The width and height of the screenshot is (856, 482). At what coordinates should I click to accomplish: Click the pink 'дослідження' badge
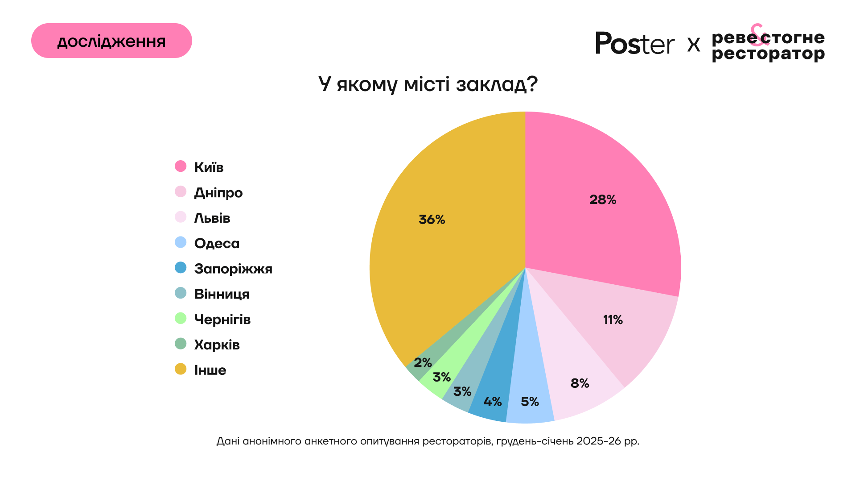[x=111, y=41]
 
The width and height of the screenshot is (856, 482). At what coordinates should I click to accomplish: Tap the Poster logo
[x=635, y=44]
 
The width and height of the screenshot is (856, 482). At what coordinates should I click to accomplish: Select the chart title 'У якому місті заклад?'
[x=428, y=84]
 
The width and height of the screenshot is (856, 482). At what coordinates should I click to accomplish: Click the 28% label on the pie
[x=603, y=199]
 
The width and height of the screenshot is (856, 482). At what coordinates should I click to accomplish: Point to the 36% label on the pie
[x=432, y=220]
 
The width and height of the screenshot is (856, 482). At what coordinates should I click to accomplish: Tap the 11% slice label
[x=613, y=320]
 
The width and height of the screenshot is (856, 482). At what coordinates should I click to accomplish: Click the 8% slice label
[x=580, y=383]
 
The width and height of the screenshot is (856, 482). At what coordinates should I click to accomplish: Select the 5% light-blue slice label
[x=530, y=402]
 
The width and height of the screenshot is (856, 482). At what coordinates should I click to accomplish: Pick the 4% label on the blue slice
[x=493, y=402]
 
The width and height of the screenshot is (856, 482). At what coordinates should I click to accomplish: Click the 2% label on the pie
[x=423, y=362]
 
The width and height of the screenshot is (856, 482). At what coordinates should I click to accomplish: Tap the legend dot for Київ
[x=181, y=166]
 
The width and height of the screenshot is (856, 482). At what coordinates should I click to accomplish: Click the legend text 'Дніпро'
[x=218, y=192]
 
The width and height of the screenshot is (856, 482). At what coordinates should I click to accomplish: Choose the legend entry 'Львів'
[x=212, y=218]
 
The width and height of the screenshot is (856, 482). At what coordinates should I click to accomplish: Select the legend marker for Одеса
[x=181, y=242]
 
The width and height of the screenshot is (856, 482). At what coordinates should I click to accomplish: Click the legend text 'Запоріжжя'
[x=233, y=269]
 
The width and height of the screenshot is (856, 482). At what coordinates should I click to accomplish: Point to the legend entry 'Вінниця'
[x=222, y=294]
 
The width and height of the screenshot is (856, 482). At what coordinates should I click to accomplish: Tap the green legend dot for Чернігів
[x=181, y=319]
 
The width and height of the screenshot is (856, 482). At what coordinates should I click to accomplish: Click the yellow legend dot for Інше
[x=181, y=369]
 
